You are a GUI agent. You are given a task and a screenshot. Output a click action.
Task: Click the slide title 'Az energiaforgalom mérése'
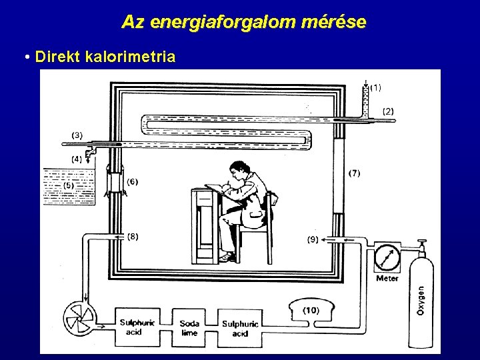click(243, 22)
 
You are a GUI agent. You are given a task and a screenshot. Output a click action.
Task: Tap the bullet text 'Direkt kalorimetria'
click(105, 57)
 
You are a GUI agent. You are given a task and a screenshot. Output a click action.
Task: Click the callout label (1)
click(375, 87)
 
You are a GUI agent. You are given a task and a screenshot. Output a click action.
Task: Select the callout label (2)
click(388, 111)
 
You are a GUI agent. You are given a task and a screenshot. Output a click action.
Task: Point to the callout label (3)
click(77, 135)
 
